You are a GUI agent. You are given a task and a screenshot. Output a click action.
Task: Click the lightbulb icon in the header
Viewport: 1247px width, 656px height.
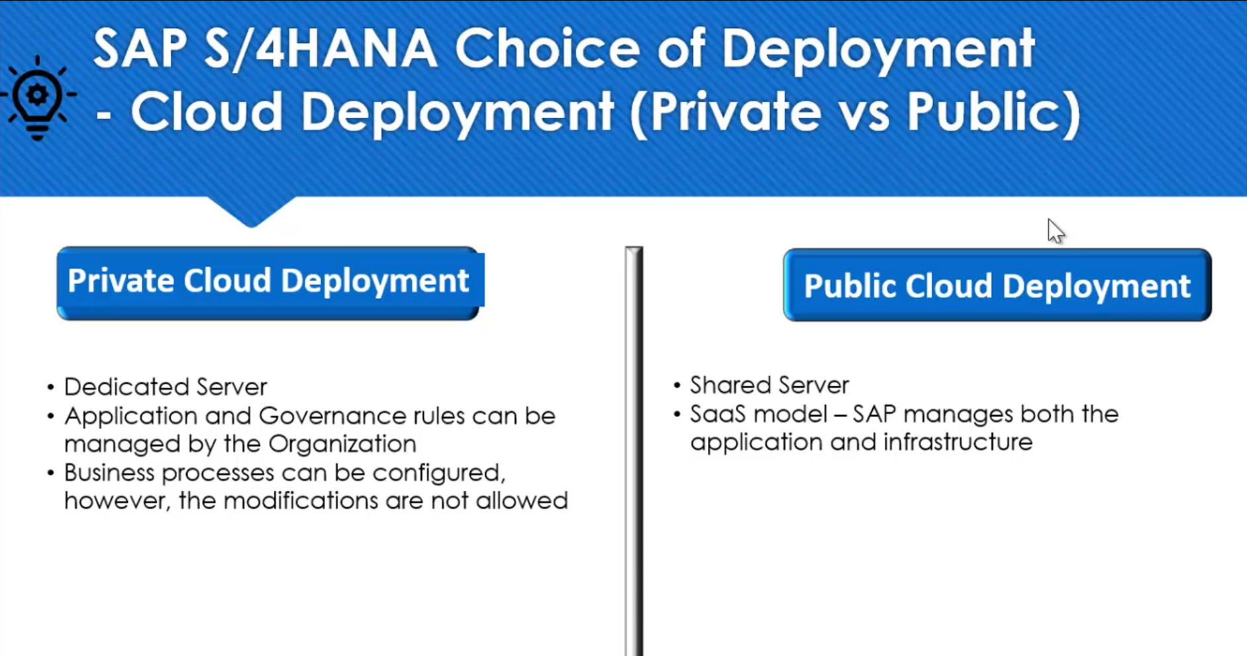pyautogui.click(x=38, y=98)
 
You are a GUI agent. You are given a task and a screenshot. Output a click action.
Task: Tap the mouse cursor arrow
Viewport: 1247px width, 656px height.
pyautogui.click(x=1055, y=231)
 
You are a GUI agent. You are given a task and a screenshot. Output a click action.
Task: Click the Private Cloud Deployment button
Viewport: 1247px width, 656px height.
pyautogui.click(x=270, y=283)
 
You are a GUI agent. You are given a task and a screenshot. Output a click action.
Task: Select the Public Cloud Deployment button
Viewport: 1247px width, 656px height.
pyautogui.click(x=997, y=285)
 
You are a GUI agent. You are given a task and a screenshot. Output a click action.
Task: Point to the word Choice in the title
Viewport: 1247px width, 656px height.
pyautogui.click(x=547, y=48)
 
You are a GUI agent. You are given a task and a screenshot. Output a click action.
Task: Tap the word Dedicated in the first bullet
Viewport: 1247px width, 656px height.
pyautogui.click(x=126, y=387)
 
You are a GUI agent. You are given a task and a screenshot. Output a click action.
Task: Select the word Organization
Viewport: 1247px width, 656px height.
pyautogui.click(x=342, y=444)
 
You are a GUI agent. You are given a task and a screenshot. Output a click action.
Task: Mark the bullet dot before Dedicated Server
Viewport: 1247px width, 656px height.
pyautogui.click(x=50, y=387)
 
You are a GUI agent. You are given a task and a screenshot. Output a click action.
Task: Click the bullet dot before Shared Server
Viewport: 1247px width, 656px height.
pyautogui.click(x=677, y=385)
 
